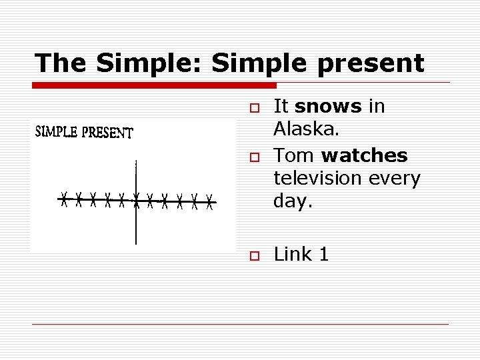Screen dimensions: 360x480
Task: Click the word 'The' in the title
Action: pos(61,63)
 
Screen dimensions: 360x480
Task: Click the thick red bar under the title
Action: pos(154,86)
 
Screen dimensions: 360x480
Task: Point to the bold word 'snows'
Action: pos(327,106)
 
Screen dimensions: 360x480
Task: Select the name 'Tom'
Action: pos(294,155)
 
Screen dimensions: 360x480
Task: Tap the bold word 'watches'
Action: pos(364,155)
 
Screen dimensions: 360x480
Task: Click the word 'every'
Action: pos(397,178)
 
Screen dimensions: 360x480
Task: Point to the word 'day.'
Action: pos(293,201)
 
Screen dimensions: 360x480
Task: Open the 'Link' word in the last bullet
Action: pos(293,254)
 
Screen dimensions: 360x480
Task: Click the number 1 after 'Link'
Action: pos(324,254)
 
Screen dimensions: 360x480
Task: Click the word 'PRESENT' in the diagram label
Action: pos(107,133)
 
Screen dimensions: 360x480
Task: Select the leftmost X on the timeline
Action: pos(64,198)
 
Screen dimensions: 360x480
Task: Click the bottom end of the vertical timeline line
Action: pos(136,243)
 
